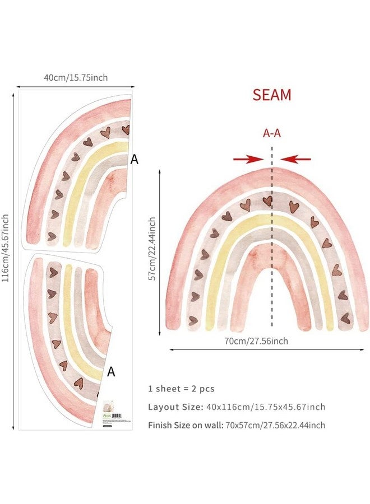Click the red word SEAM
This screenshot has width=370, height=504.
tap(272, 95)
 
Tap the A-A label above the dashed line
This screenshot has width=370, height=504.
tap(272, 133)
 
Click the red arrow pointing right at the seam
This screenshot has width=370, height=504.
tap(248, 160)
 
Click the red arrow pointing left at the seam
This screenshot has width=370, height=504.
tap(295, 160)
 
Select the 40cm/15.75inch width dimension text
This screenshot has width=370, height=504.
tap(76, 77)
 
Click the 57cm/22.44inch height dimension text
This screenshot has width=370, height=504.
tap(152, 250)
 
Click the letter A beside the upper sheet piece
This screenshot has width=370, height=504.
tap(135, 160)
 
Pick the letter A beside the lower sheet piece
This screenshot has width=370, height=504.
tap(111, 371)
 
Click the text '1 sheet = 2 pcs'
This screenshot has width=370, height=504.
tap(181, 389)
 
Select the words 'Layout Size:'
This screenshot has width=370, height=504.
tap(172, 407)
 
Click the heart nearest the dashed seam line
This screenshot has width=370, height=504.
tap(268, 200)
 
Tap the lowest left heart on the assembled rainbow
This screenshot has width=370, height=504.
tap(193, 320)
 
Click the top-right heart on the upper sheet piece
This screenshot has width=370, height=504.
tap(126, 130)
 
